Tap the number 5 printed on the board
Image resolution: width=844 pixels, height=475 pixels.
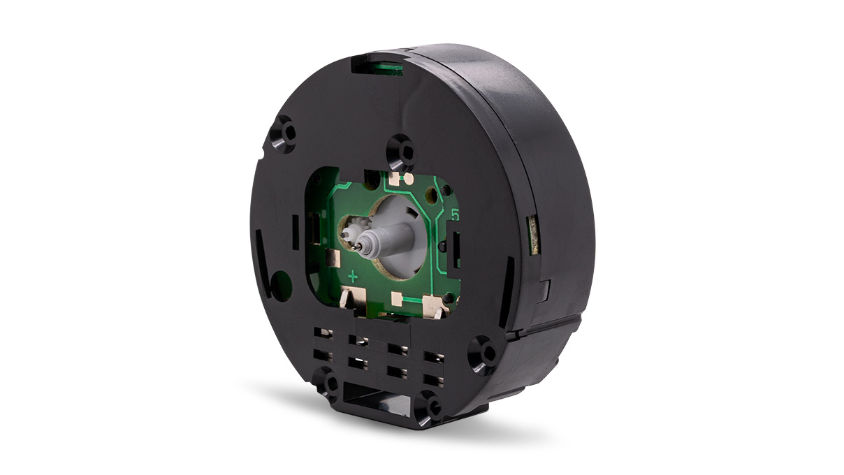(x=456, y=216)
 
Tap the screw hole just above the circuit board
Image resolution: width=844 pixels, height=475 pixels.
(x=402, y=149)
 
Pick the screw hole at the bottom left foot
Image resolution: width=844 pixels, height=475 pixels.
(x=327, y=383)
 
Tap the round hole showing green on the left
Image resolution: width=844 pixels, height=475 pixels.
(x=281, y=286)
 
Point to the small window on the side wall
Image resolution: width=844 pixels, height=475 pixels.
(x=532, y=233)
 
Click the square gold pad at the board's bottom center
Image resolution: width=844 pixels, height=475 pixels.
(x=398, y=300)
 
